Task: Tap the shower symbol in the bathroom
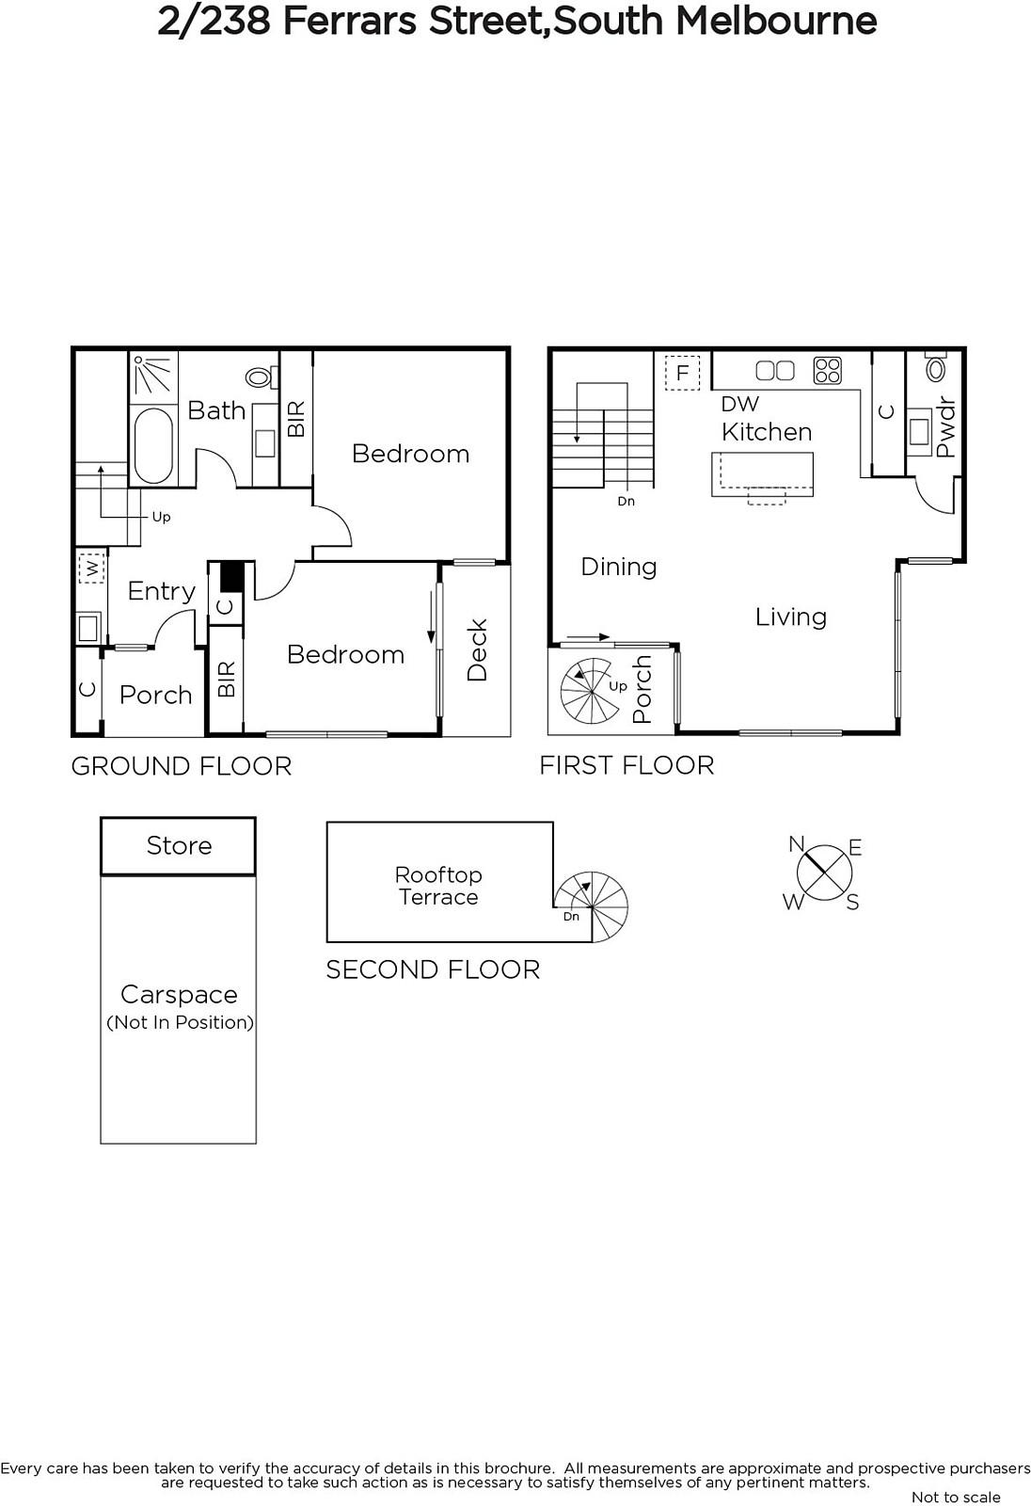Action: (x=153, y=374)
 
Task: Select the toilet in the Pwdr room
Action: (x=936, y=366)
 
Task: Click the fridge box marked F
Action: (x=682, y=373)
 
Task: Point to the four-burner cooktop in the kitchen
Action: (x=828, y=371)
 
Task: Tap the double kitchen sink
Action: (x=775, y=371)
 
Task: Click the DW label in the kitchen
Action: (x=739, y=404)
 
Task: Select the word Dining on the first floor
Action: (x=618, y=567)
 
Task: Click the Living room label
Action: (x=790, y=617)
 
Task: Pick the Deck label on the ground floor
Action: (x=477, y=650)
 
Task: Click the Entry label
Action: (x=161, y=591)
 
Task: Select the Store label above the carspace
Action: (x=179, y=845)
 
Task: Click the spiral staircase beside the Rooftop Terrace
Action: (x=592, y=906)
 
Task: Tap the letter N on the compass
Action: (x=797, y=843)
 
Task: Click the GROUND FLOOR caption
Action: (x=182, y=766)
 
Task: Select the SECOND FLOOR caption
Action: (x=433, y=970)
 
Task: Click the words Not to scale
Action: (x=956, y=1497)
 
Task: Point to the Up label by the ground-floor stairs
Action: (x=161, y=517)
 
